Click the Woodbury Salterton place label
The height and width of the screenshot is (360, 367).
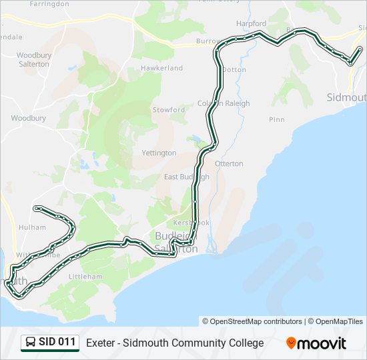(x=33, y=59)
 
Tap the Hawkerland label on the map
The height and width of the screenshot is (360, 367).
(x=161, y=68)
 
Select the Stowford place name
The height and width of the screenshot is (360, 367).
(x=169, y=109)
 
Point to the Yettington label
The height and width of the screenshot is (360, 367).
(x=159, y=153)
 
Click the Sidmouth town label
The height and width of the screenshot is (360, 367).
(x=346, y=97)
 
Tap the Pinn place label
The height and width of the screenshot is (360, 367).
(x=276, y=119)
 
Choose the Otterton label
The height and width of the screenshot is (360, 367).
(x=228, y=163)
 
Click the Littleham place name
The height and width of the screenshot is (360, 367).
(x=85, y=276)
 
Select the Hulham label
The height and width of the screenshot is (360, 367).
(x=32, y=227)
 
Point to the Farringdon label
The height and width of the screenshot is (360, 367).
(x=49, y=4)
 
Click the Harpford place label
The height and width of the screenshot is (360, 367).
(x=251, y=24)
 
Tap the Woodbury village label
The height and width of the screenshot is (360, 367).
(x=28, y=118)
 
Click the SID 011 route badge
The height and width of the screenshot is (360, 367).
(x=50, y=343)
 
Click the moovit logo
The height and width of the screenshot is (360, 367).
(x=316, y=343)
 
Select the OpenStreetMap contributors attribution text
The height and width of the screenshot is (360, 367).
(x=252, y=321)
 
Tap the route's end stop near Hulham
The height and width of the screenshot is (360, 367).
(x=35, y=208)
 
